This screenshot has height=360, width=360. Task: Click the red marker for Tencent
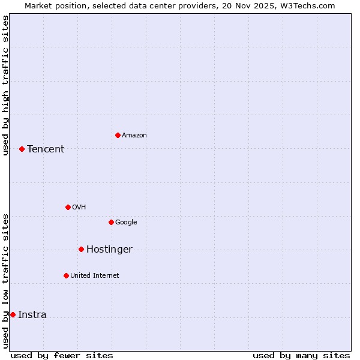(22, 149)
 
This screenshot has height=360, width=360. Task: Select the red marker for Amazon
(118, 135)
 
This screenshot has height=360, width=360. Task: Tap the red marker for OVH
(68, 207)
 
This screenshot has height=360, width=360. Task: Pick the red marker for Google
(111, 222)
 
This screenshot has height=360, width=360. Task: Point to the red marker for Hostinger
(81, 249)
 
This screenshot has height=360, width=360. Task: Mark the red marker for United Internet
(66, 275)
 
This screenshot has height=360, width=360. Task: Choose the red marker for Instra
(13, 314)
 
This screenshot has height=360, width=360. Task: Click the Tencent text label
(46, 149)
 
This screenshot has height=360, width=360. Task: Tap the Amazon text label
(134, 136)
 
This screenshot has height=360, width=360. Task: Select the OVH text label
(79, 208)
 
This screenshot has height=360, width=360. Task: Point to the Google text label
(126, 223)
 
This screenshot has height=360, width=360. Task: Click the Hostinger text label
(109, 250)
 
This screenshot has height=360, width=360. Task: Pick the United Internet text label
(95, 276)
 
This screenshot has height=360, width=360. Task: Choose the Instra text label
(32, 315)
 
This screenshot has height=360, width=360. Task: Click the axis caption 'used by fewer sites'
(62, 355)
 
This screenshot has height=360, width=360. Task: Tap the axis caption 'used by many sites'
(301, 355)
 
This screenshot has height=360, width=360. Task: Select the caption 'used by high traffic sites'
(6, 85)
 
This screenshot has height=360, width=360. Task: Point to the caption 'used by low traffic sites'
(6, 281)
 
